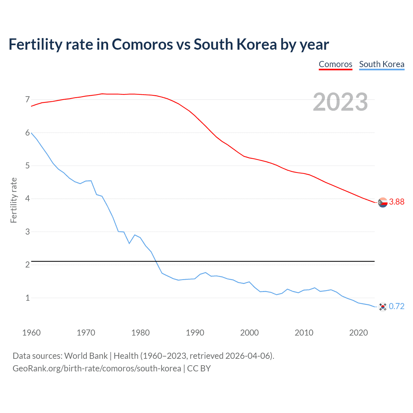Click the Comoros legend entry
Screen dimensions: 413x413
point(335,64)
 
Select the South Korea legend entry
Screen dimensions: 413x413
point(382,64)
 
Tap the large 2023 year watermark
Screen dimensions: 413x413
point(340,102)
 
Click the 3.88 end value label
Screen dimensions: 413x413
point(397,202)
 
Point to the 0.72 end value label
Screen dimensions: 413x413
point(397,306)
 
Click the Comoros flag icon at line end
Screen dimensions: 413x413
point(383,203)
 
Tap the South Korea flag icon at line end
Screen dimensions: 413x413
point(383,307)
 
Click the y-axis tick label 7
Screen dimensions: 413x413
point(27,99)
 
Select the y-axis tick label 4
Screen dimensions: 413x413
point(27,198)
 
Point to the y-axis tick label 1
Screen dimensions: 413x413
point(27,298)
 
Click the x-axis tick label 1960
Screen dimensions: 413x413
point(31,333)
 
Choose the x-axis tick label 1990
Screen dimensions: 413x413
point(195,333)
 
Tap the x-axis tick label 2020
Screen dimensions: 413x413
point(358,333)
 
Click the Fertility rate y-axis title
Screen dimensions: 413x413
point(14,200)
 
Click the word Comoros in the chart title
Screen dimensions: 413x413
point(142,45)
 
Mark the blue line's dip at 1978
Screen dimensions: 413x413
point(129,243)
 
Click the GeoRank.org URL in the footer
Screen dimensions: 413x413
point(97,368)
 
